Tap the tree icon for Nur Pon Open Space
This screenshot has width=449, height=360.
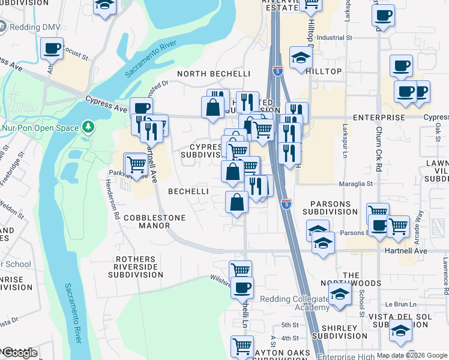point(89,127)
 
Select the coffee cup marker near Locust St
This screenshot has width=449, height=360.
point(52,49)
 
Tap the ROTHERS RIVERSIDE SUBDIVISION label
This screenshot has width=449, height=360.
point(136,267)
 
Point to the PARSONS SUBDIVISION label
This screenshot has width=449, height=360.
point(330,208)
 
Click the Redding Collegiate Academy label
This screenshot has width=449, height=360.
point(295,303)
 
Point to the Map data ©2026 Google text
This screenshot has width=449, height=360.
point(412,355)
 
